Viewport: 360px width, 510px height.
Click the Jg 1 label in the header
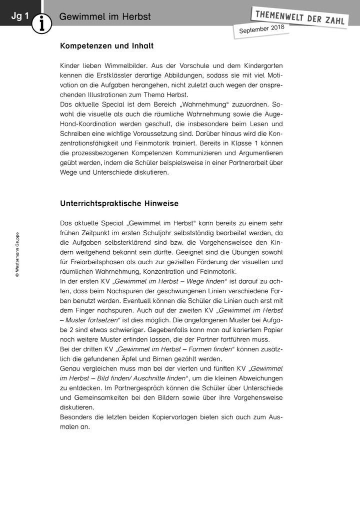20,17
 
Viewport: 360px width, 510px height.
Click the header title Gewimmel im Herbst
104,17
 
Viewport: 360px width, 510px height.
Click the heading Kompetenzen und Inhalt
106,46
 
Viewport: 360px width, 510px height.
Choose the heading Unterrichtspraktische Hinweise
119,204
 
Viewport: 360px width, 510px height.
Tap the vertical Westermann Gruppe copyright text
17,254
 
